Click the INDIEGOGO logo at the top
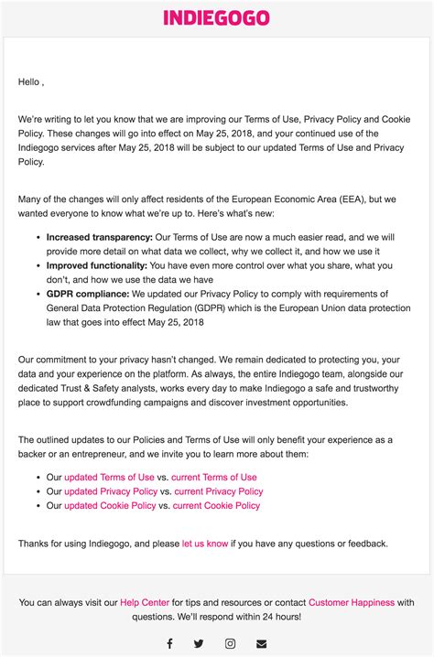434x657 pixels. coord(216,17)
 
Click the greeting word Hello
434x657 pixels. coord(29,81)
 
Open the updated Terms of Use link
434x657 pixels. coord(109,477)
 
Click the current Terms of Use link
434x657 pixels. coord(214,477)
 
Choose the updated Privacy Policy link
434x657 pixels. coord(111,491)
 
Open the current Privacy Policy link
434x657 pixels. coord(218,491)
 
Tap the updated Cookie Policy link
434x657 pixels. coord(110,505)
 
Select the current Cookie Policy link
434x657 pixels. coord(216,505)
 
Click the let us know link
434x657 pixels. coord(205,544)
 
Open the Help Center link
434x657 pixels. coord(145,602)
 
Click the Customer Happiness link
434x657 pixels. coord(351,602)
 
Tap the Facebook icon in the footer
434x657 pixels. coord(169,643)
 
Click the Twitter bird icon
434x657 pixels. coord(200,643)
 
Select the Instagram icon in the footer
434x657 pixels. coord(231,643)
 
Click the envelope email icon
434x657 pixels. coord(262,643)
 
